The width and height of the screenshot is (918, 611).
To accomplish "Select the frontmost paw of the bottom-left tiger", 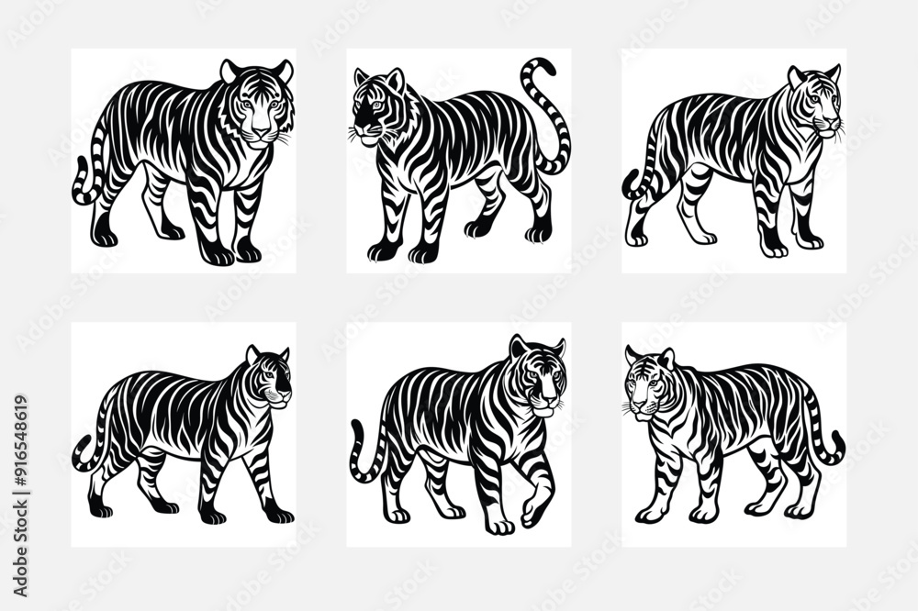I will point(277,515).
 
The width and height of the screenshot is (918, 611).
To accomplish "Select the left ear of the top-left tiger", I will point(229,70).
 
